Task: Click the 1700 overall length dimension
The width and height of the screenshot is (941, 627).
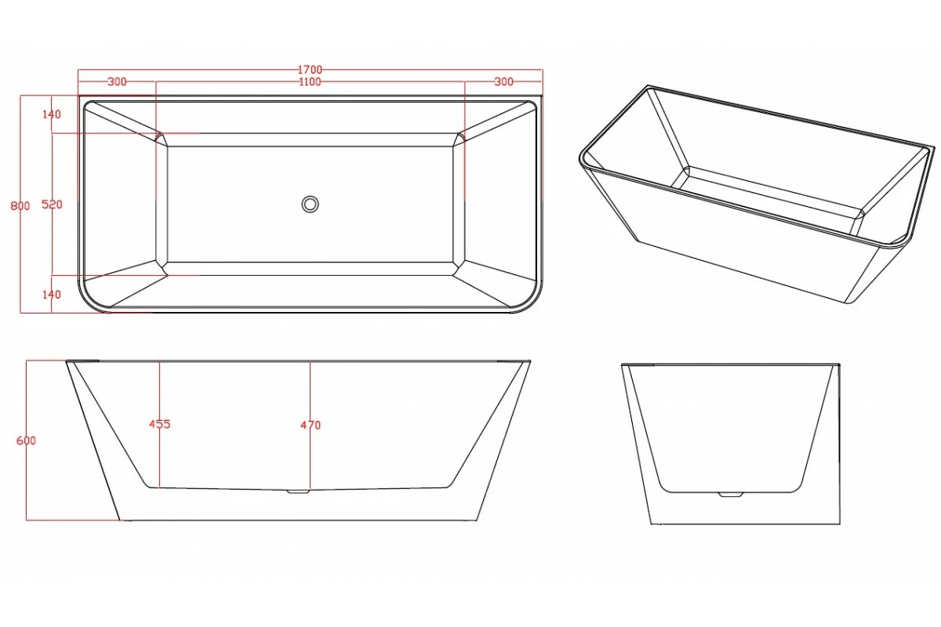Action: tap(311, 71)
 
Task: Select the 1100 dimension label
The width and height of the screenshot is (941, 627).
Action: tap(311, 82)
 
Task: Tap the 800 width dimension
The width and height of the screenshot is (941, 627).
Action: tap(20, 206)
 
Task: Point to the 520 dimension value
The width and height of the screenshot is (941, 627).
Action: tap(52, 205)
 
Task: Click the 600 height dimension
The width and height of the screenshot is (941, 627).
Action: tap(26, 440)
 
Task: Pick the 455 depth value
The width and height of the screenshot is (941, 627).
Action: tap(159, 425)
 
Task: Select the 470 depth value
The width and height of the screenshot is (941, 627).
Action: tap(310, 426)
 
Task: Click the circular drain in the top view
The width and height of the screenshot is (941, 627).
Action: tap(310, 204)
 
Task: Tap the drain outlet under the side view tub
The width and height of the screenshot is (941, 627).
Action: tap(298, 491)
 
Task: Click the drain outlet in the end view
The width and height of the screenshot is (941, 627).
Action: tap(730, 495)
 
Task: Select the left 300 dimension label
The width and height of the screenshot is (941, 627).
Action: tap(117, 82)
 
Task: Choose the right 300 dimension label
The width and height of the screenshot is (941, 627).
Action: tap(503, 82)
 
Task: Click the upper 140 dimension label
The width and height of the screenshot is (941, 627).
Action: tap(52, 114)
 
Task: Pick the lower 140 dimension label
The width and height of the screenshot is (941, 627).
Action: tap(52, 295)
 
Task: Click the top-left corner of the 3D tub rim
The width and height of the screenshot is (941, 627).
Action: tap(648, 87)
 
